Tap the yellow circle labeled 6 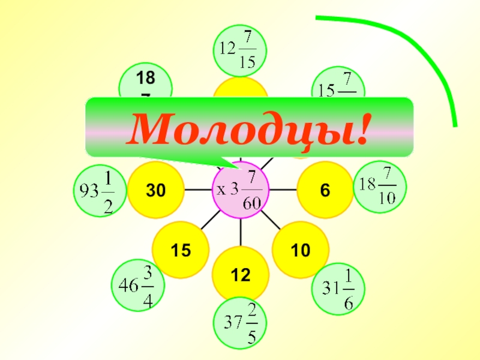(x=325, y=190)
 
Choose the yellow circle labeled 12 (x=241, y=275)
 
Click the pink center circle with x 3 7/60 (x=241, y=189)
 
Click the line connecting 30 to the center (x=198, y=190)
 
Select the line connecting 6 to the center (x=283, y=190)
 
